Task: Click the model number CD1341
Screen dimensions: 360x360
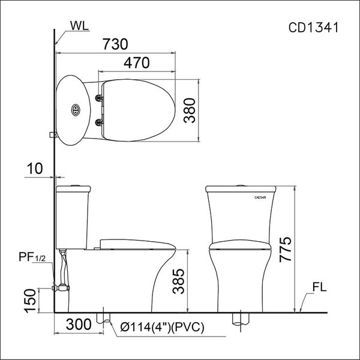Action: point(314,28)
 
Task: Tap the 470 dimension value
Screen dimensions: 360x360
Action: point(139,62)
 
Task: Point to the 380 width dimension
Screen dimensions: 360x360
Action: point(190,110)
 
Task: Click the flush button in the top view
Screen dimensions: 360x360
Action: point(75,109)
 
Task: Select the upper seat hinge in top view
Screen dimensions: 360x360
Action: point(98,94)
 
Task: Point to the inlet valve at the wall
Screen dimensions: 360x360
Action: point(59,287)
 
